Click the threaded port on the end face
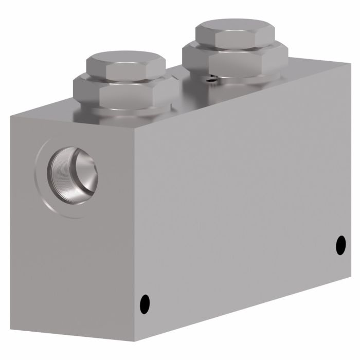click(x=73, y=175)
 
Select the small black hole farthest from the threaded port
click(x=341, y=244)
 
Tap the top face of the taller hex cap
click(x=235, y=30)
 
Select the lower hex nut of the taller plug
click(x=236, y=61)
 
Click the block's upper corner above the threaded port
click(x=11, y=115)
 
